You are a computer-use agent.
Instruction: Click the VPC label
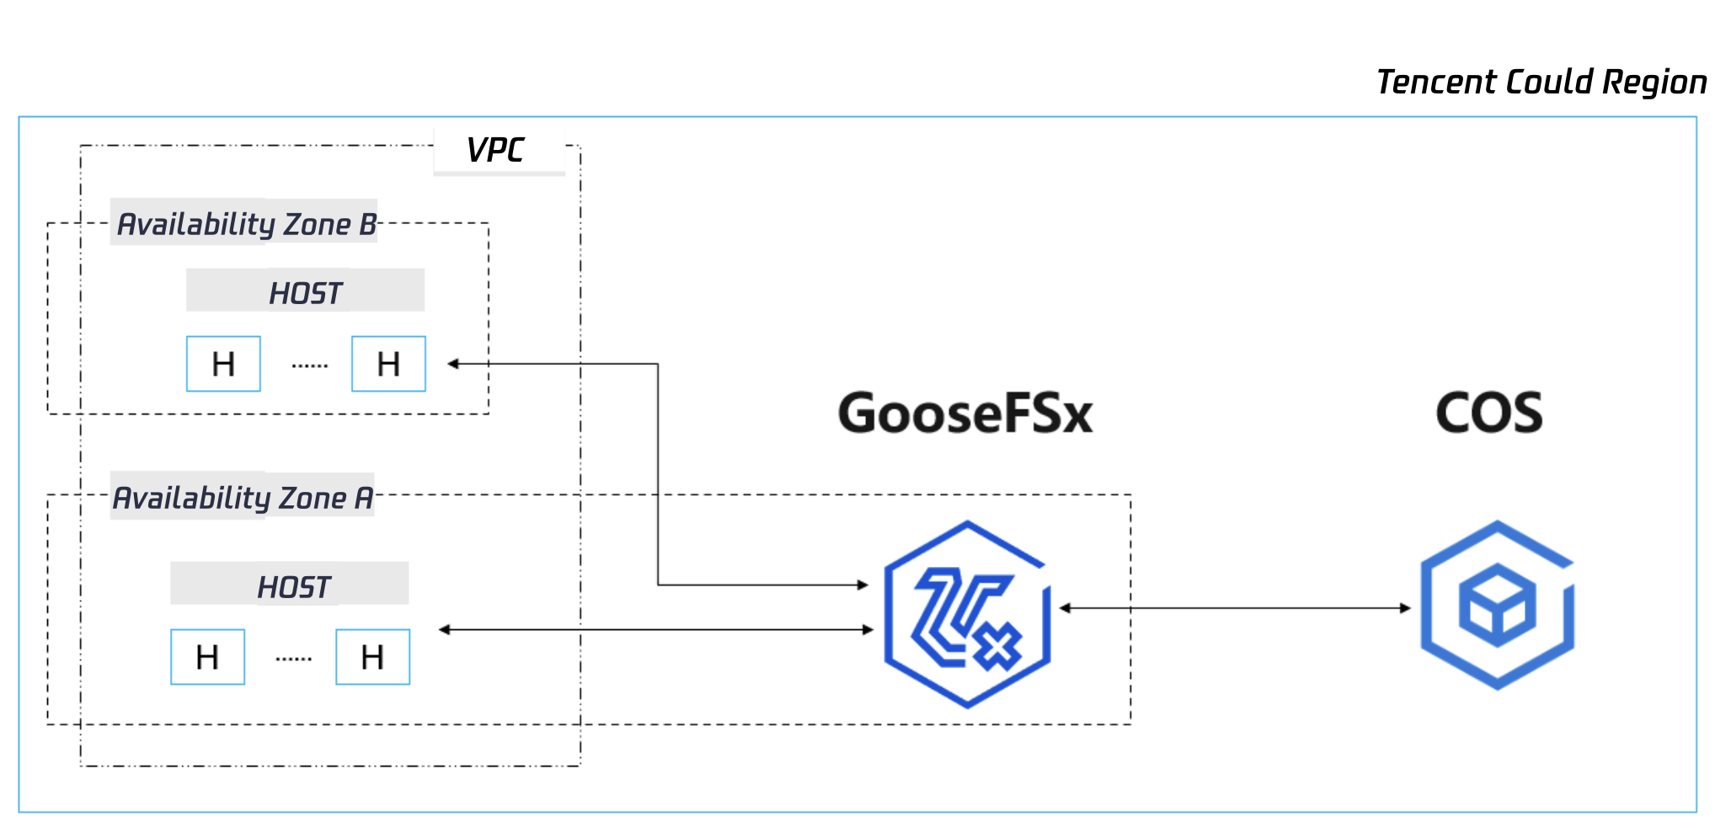496,151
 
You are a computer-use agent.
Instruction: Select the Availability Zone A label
243,498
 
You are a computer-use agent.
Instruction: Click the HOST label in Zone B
305,293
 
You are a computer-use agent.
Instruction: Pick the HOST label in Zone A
293,586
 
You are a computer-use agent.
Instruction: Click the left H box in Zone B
223,364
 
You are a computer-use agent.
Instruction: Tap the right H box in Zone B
388,364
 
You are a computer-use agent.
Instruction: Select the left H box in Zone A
207,657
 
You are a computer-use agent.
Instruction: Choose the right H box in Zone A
372,657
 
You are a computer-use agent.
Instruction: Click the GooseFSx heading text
965,414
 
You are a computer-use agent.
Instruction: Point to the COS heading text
1488,414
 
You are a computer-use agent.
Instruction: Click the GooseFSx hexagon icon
967,614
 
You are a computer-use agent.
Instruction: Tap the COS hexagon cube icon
1497,606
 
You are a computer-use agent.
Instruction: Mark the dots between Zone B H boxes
310,366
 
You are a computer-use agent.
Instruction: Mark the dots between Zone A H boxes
294,659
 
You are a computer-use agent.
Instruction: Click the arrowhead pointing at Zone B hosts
453,364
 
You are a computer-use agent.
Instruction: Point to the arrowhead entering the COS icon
1405,608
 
